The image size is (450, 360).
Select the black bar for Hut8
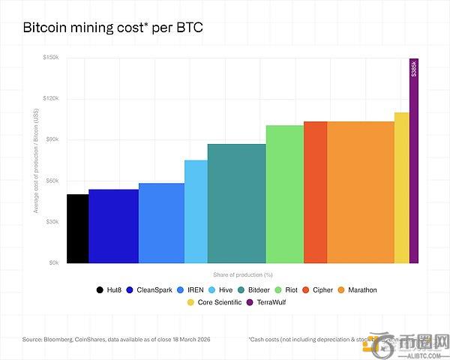(77, 229)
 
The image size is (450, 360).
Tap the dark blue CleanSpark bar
(113, 226)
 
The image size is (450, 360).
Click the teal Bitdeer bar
(236, 203)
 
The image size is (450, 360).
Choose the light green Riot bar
(284, 194)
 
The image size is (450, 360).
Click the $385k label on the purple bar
(414, 69)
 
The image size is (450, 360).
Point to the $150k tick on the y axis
(52, 58)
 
